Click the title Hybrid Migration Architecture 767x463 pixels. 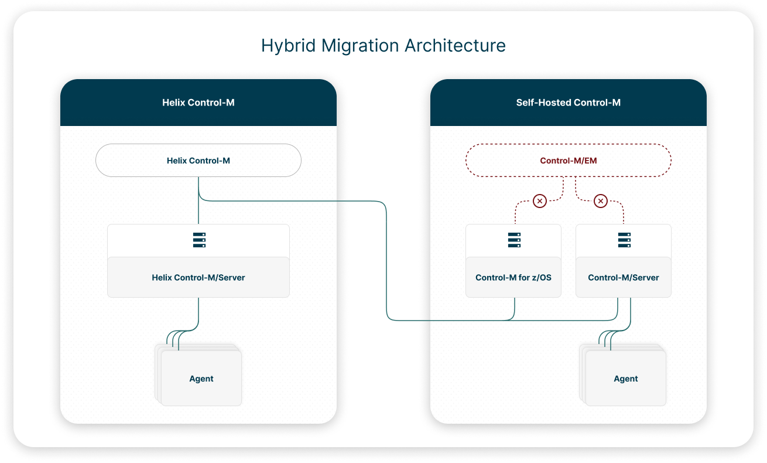tap(383, 46)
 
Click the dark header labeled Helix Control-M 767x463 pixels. tap(198, 103)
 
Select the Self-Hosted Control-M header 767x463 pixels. tap(568, 103)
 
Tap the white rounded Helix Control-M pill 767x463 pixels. tap(198, 160)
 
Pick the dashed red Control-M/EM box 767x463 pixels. tap(568, 160)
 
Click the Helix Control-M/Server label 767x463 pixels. tap(198, 277)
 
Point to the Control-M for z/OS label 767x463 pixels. tap(513, 277)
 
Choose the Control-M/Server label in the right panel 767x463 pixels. tap(624, 277)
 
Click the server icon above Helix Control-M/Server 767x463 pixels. tap(199, 240)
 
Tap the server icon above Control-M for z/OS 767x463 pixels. tap(514, 240)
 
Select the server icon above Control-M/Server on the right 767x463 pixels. tap(624, 240)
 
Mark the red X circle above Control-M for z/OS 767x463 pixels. tap(540, 201)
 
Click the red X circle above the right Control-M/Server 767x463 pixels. tap(600, 201)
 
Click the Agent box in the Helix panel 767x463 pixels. tap(201, 379)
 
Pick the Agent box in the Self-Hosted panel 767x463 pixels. tap(625, 379)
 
